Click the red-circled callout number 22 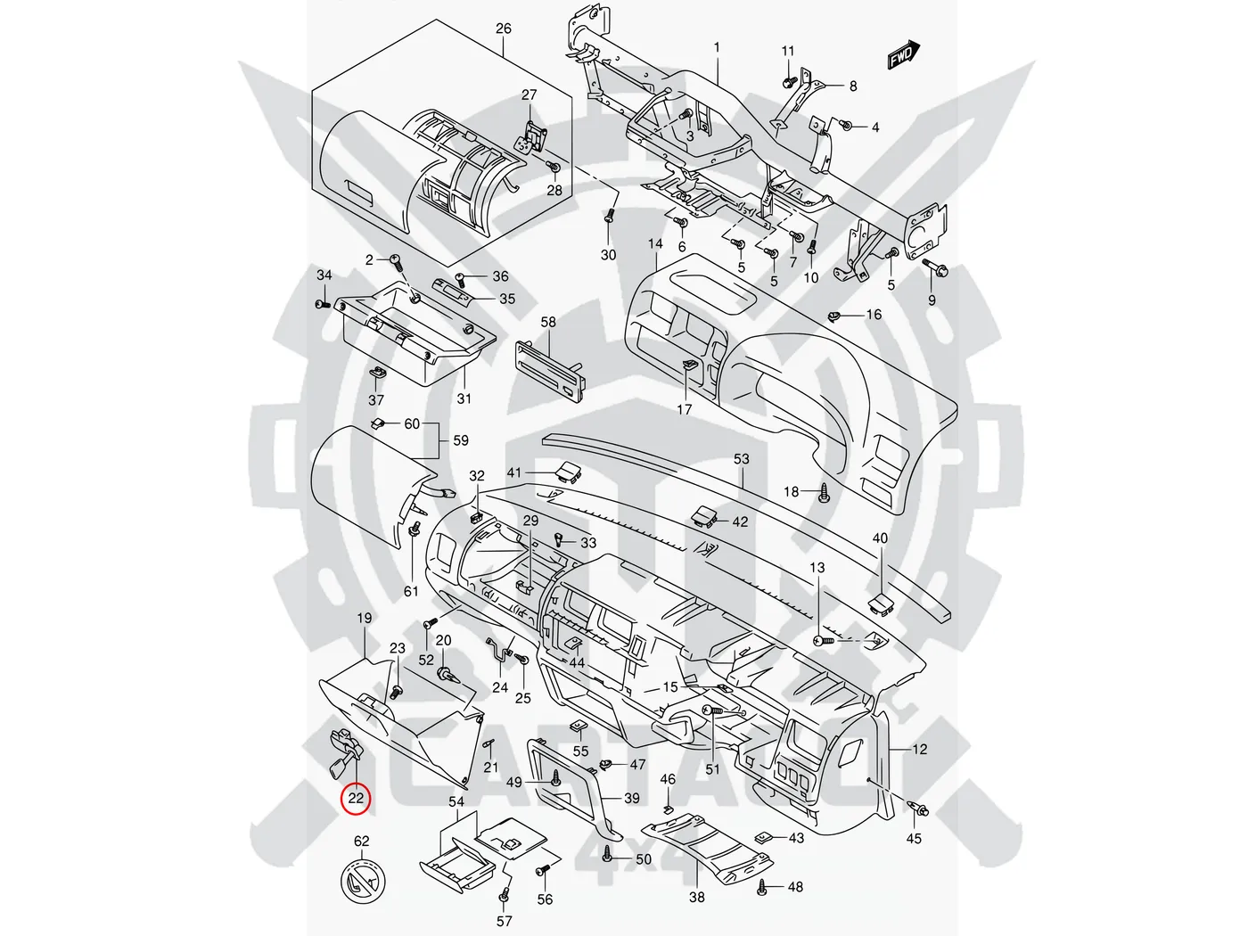[x=356, y=798]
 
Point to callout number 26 [x=504, y=29]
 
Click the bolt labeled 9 [x=940, y=267]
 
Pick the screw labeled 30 [x=609, y=217]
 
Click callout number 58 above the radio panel [x=548, y=322]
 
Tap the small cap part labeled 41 [x=565, y=470]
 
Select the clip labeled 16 [x=836, y=316]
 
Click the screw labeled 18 [x=824, y=491]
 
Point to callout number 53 [x=742, y=459]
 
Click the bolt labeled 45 [x=919, y=809]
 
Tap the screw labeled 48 [x=763, y=886]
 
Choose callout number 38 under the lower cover [x=696, y=897]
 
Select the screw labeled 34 [x=322, y=305]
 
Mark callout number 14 [x=655, y=243]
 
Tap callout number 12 [x=920, y=749]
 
